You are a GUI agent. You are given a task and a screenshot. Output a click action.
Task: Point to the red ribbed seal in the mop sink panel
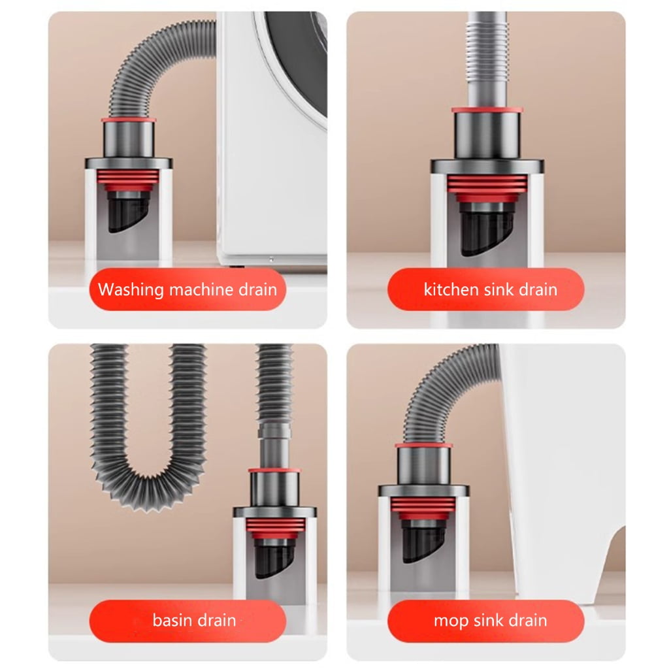tap(423, 508)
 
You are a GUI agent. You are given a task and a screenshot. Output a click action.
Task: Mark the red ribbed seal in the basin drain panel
tap(276, 528)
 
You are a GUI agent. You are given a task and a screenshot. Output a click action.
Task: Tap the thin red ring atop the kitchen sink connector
tap(487, 110)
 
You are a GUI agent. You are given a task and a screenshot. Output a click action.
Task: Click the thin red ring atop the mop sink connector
tap(423, 446)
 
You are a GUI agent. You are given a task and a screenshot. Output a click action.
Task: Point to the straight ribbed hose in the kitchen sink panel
tap(487, 59)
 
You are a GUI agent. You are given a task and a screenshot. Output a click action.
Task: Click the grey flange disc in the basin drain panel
tap(275, 512)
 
